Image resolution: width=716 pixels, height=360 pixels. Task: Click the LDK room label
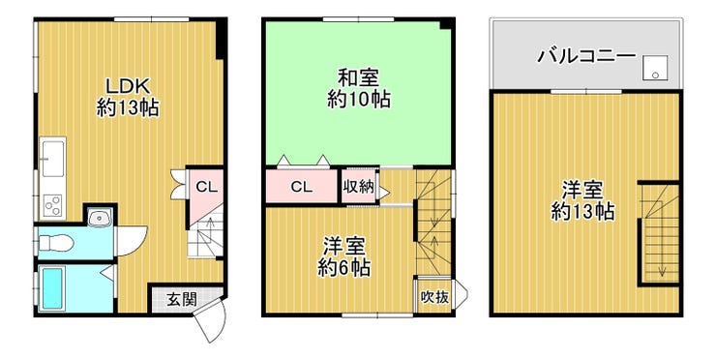tap(129, 85)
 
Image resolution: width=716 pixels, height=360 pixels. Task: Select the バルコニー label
tap(585, 56)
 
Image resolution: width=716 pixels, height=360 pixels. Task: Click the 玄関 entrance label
tap(181, 300)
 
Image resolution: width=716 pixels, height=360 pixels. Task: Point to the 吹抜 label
tap(434, 297)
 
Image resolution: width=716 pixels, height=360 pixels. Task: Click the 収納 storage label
tap(358, 187)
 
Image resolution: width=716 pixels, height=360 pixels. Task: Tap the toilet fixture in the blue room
tap(55, 242)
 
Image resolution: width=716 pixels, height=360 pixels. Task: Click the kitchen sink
tap(53, 158)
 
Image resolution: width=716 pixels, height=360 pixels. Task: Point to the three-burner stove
tap(53, 204)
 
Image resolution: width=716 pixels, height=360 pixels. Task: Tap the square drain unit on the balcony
tap(655, 68)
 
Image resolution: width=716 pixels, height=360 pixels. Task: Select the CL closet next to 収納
tap(301, 187)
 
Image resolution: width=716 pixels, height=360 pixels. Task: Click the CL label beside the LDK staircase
tap(207, 187)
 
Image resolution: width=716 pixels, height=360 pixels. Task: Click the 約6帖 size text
tap(343, 268)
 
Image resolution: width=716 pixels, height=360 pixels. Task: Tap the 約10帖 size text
tap(358, 99)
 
